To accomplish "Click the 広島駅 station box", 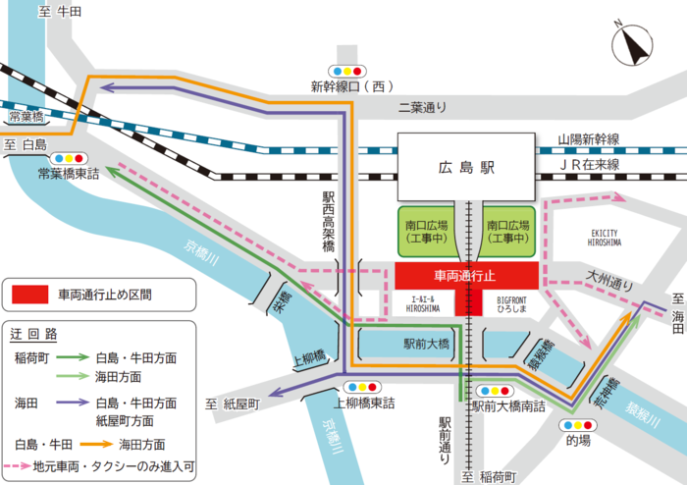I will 467,169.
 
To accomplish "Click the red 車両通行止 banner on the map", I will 466,275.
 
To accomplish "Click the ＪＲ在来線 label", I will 596,165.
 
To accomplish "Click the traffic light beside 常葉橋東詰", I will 69,157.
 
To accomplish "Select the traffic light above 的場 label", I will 578,424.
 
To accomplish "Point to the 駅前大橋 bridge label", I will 426,345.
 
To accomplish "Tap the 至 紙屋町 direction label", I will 232,404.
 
